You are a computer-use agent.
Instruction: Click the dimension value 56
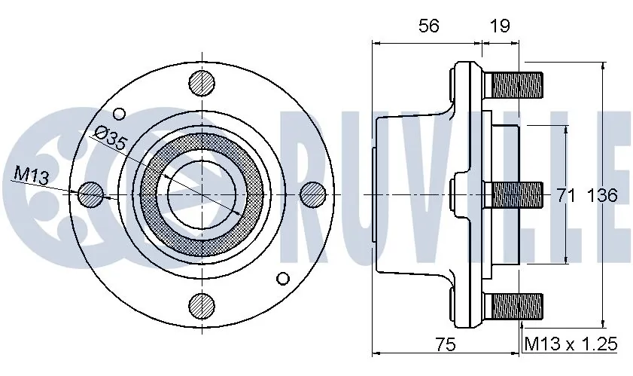(429, 26)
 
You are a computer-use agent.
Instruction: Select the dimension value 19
(500, 26)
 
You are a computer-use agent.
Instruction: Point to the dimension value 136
(601, 196)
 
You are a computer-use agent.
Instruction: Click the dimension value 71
(566, 196)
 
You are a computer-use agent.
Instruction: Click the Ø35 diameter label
(111, 139)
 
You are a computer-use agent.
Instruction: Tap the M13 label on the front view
(31, 176)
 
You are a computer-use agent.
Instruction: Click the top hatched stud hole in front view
(201, 83)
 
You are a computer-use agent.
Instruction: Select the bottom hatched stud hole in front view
(201, 305)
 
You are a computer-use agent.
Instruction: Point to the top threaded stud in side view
(516, 84)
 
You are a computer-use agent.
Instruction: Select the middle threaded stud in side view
(516, 194)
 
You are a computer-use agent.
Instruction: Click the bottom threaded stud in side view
(516, 306)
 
